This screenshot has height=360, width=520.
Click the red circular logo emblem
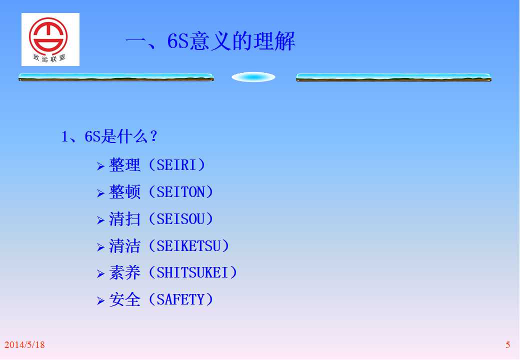point(48,36)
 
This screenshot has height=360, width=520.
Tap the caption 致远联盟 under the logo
point(49,58)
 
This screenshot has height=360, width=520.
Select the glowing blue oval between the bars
point(253,77)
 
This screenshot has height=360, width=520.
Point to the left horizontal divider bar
point(116,77)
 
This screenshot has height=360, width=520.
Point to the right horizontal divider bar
point(393,77)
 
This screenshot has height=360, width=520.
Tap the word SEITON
point(180,192)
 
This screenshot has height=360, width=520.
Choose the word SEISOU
point(180,219)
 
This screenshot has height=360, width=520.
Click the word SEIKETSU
point(188,246)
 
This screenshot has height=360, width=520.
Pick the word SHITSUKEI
point(192,273)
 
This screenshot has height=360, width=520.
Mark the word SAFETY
point(180,299)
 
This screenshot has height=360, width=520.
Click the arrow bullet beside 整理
point(101,166)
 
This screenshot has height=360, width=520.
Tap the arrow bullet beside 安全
point(101,300)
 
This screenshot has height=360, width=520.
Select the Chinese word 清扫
point(124,219)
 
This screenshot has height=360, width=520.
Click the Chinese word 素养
point(124,273)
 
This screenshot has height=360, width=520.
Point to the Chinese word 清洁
point(124,246)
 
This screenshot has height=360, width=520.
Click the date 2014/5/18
point(24,345)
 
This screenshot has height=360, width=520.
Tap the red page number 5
point(507,345)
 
